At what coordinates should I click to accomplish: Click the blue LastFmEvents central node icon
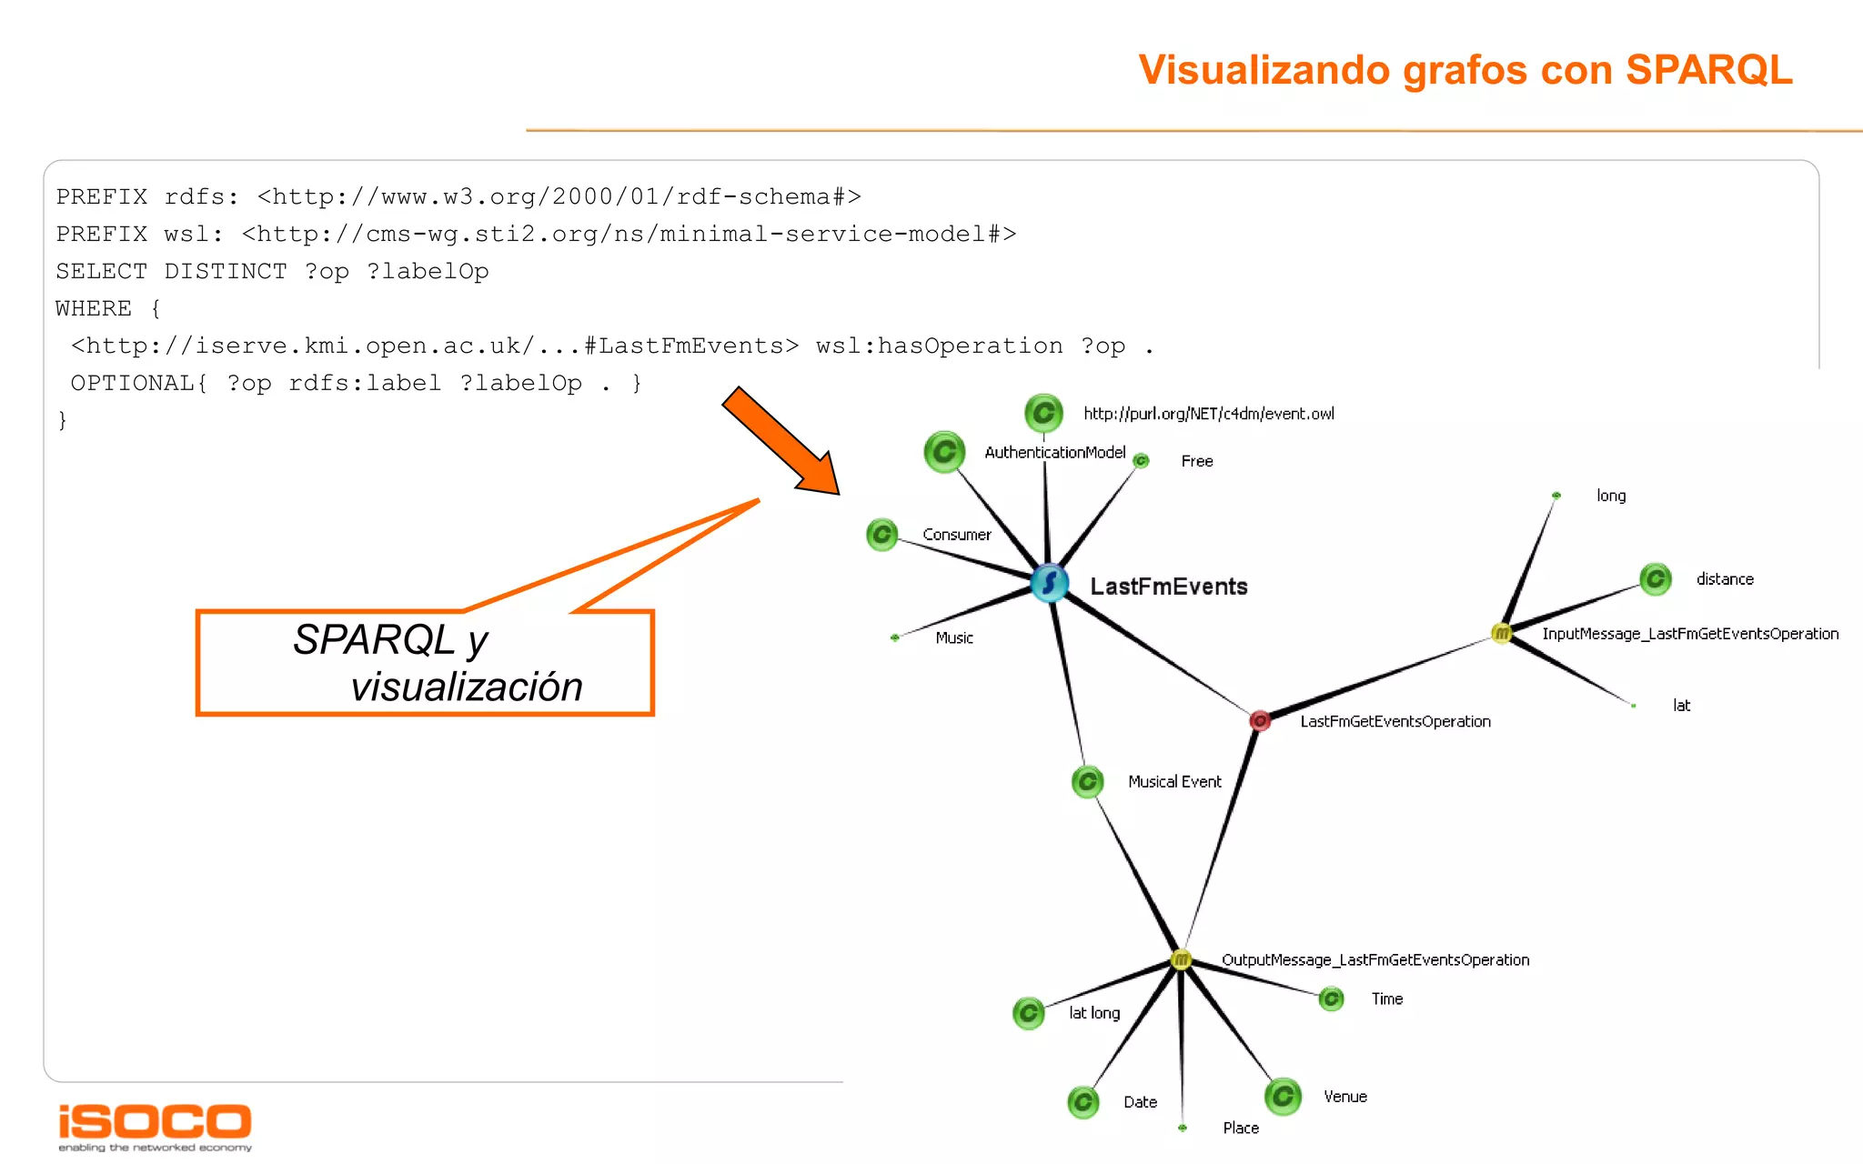[1050, 583]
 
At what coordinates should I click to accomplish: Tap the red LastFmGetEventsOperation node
[1260, 720]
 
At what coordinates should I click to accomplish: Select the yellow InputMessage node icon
[1501, 633]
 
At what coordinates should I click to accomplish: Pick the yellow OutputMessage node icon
[1181, 959]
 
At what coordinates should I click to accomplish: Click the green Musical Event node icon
[1087, 781]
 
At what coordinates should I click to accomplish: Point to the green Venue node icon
[1283, 1096]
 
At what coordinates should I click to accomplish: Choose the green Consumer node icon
[881, 535]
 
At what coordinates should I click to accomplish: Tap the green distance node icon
[1656, 578]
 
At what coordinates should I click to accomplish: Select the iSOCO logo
[155, 1125]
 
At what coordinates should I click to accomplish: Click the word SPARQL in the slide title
[1708, 70]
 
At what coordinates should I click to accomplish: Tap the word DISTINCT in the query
[225, 271]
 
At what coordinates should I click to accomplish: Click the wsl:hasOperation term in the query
[939, 346]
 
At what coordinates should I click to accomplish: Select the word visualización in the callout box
[467, 687]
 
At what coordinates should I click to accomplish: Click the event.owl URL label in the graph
[1209, 414]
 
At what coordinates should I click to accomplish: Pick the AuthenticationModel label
[1054, 452]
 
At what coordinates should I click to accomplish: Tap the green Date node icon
[1083, 1102]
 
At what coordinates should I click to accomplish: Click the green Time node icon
[1331, 998]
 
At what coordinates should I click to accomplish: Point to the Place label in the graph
[1241, 1128]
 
